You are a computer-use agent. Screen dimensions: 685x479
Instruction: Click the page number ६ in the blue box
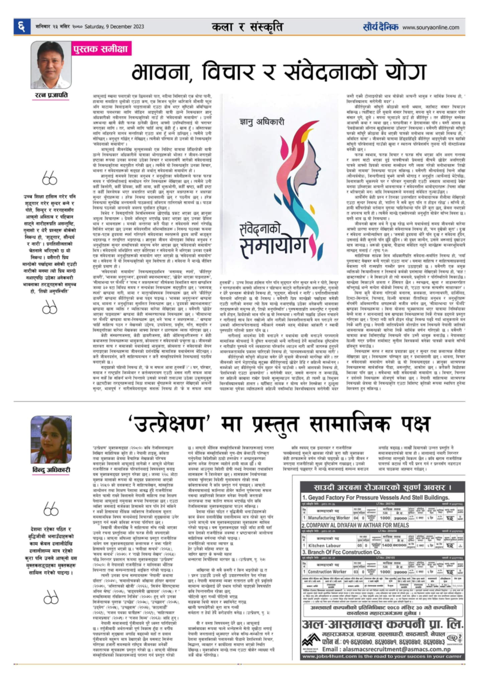(21, 27)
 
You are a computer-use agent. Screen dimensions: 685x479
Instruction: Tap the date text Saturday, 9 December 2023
(114, 27)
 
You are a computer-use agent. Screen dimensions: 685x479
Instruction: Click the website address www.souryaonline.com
(431, 27)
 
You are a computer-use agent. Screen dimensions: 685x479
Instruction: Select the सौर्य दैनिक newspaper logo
(381, 27)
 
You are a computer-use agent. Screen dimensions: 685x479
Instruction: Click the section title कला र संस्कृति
(248, 27)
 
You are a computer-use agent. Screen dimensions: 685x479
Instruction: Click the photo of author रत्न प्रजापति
(51, 65)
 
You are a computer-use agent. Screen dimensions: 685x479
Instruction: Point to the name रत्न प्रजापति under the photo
(51, 95)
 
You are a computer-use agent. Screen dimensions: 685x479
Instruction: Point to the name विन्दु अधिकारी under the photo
(51, 470)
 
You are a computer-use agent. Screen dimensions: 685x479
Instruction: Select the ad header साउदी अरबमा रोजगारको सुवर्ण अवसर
(382, 487)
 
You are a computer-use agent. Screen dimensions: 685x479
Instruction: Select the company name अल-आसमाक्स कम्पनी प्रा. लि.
(382, 624)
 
